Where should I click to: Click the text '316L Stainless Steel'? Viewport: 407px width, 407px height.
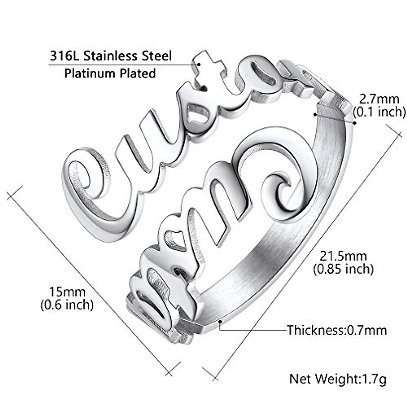tap(111, 56)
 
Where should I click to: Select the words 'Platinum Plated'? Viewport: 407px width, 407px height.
tap(110, 73)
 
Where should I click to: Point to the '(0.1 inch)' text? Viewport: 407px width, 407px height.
tap(379, 112)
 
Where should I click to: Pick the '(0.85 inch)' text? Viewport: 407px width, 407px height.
tap(343, 269)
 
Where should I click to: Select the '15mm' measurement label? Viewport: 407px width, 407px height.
tap(67, 291)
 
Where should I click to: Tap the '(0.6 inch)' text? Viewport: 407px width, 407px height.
tap(67, 305)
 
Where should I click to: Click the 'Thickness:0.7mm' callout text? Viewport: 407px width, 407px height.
tap(337, 330)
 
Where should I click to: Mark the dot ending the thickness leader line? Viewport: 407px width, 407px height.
tap(220, 321)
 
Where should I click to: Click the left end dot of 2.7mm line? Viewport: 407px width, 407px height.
tap(315, 114)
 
